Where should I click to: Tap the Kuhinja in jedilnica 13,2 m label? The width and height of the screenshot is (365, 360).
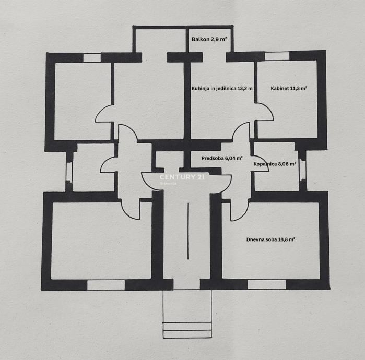click(x=222, y=88)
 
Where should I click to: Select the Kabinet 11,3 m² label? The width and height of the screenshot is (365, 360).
click(x=289, y=88)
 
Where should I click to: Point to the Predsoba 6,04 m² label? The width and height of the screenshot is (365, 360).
click(x=222, y=158)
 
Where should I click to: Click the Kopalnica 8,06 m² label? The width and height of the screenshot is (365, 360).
click(x=275, y=164)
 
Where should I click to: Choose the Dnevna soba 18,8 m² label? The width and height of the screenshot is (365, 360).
click(x=271, y=239)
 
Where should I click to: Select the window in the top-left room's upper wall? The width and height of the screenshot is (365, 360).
click(x=92, y=57)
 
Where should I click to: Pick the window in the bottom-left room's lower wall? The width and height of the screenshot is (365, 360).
click(x=106, y=284)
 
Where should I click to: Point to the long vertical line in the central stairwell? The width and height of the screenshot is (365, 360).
click(x=187, y=232)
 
